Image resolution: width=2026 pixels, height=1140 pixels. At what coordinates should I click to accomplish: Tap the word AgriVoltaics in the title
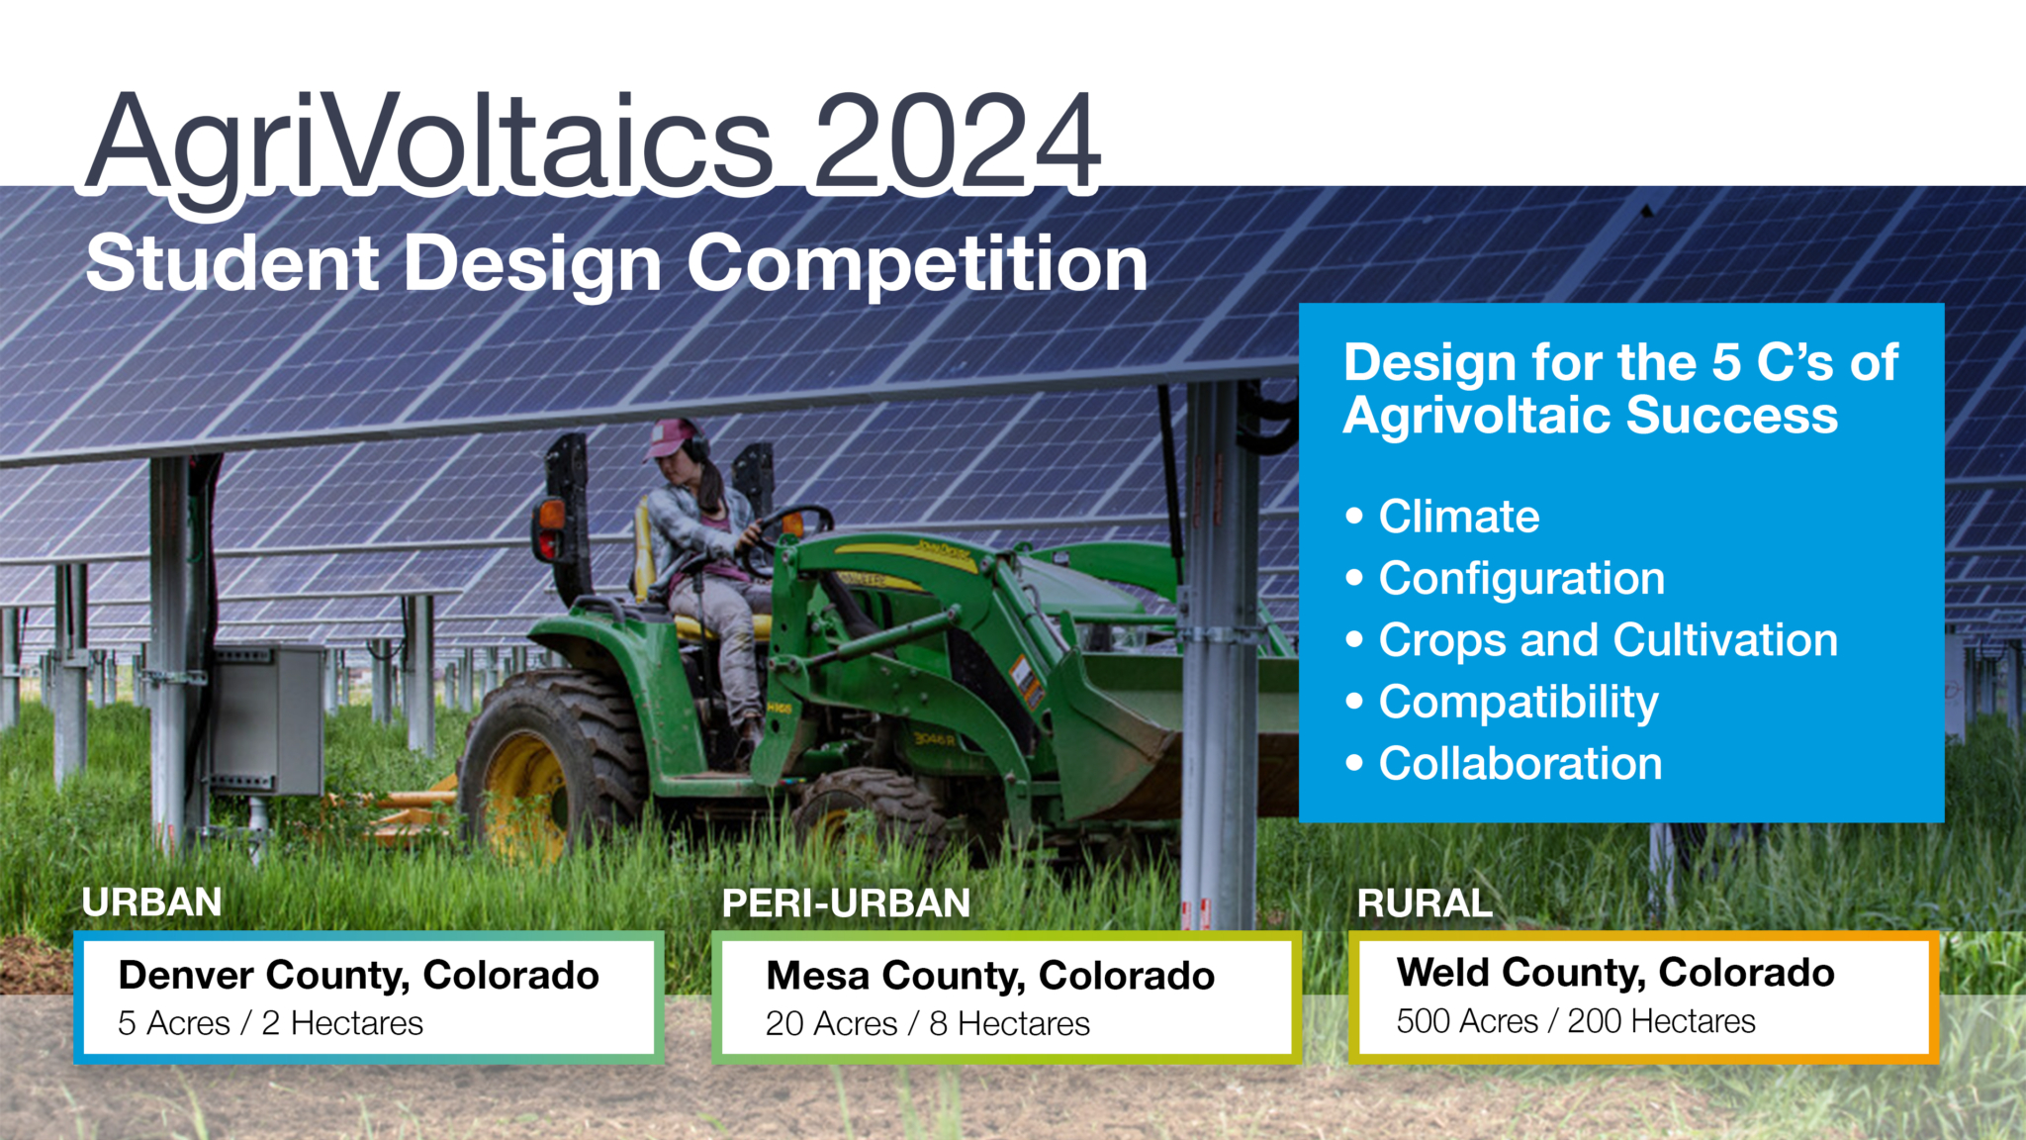point(429,143)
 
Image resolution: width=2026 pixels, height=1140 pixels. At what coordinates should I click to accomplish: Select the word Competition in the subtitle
point(917,263)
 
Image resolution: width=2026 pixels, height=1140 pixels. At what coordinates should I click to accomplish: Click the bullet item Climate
point(1458,517)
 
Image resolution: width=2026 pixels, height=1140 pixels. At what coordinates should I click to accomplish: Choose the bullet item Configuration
point(1520,579)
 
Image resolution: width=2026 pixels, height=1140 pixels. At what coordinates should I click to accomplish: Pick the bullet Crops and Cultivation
point(1608,640)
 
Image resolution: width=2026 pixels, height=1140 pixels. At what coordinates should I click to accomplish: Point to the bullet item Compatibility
point(1518,703)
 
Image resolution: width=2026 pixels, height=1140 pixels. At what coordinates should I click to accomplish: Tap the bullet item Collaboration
point(1519,764)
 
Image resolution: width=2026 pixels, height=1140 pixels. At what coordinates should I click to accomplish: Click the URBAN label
point(151,902)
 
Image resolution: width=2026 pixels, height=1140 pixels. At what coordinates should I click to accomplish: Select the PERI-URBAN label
point(846,903)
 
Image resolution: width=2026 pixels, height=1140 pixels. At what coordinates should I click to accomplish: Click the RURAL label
point(1424,903)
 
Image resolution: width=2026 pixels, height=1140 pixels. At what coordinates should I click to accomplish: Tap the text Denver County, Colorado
point(358,976)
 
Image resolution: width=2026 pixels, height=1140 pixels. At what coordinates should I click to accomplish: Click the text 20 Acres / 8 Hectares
point(927,1024)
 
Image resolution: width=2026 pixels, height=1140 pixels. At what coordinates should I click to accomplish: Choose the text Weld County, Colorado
point(1614,973)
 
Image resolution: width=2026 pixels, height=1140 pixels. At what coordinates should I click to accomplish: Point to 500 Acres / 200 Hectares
point(1575,1021)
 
